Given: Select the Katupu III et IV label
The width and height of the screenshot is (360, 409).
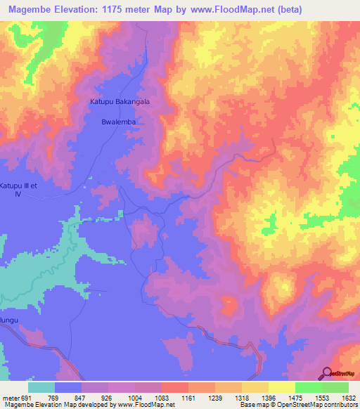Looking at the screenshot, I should coord(16,189).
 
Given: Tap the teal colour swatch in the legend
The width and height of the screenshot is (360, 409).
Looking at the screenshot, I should coord(41,387).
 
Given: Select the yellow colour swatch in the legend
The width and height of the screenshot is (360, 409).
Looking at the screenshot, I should coord(281,387).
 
